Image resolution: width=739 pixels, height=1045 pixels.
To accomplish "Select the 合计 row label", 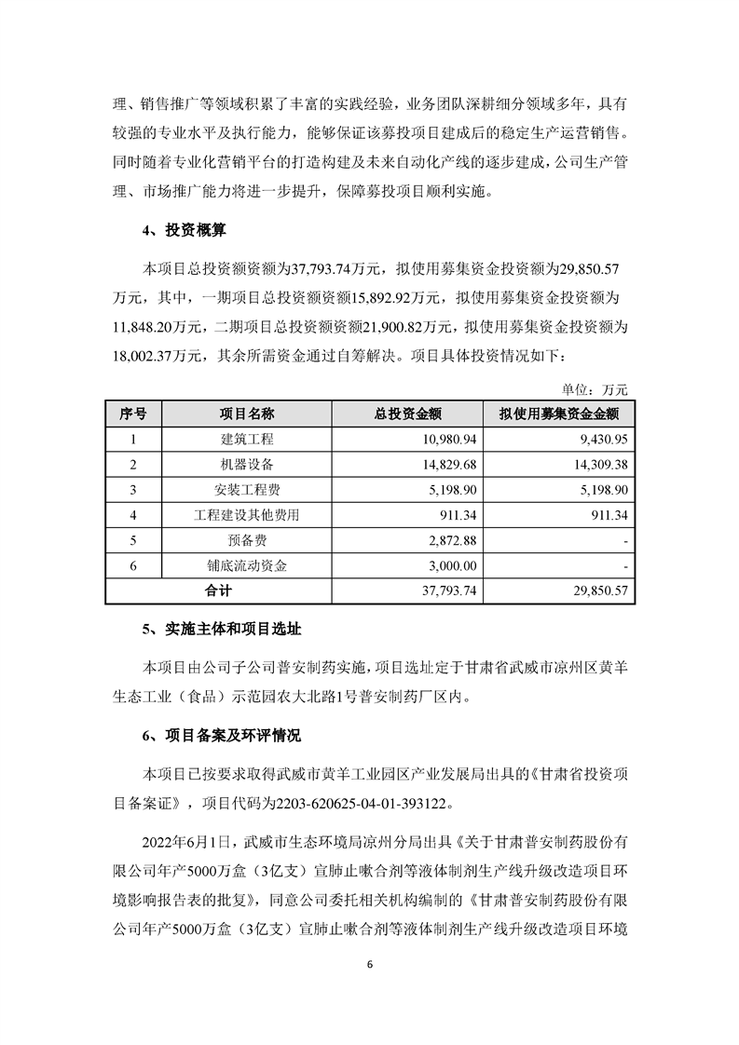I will pyautogui.click(x=220, y=590).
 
